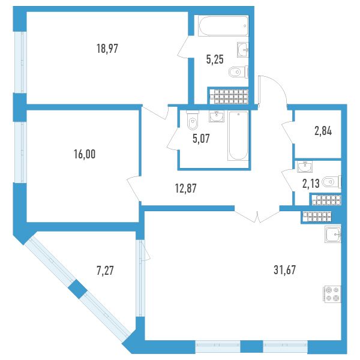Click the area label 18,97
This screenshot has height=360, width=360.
point(107,49)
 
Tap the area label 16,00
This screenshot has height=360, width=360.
point(85,154)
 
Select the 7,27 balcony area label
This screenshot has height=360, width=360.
point(105,271)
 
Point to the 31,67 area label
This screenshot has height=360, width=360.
point(284,270)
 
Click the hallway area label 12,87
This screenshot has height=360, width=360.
point(186,188)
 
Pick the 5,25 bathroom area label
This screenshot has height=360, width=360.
point(215,59)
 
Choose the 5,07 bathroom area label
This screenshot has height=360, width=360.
point(201,139)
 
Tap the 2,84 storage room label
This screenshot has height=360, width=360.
point(323,131)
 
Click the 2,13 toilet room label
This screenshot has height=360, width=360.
point(311,184)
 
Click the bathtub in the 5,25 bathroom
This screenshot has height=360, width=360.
point(223,26)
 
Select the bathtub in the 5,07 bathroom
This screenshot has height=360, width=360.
point(238,136)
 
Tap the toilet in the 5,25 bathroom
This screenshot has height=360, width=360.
point(239,72)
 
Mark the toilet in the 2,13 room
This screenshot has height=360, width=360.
point(332,182)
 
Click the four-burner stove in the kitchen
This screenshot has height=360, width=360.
point(332,295)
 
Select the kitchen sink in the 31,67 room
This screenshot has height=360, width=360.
point(333,234)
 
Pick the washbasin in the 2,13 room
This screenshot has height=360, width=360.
point(305,167)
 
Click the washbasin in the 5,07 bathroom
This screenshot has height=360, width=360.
point(217,116)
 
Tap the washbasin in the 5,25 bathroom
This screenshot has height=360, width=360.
point(242,50)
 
